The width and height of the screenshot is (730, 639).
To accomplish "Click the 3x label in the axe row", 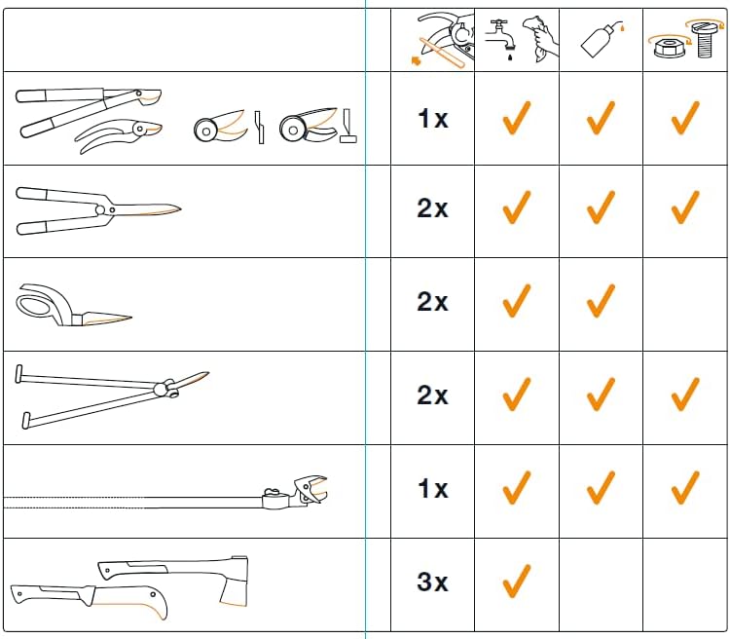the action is (432, 582).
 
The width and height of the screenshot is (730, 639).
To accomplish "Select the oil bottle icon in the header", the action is (602, 41).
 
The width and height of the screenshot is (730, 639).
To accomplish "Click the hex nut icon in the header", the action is (670, 48).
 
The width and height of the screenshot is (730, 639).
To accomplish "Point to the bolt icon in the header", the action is (707, 39).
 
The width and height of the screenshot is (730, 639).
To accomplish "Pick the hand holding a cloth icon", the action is (540, 39).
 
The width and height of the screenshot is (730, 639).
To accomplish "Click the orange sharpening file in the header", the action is (442, 54).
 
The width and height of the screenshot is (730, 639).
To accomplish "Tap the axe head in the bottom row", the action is (234, 582).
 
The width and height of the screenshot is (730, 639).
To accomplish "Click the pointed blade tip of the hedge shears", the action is (179, 208).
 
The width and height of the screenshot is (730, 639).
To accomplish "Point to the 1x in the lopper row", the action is (432, 119).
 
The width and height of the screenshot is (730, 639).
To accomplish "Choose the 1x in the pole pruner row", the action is (432, 488).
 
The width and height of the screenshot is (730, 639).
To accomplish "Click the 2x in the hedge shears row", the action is (432, 207).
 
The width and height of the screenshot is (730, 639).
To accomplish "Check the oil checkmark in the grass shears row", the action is (601, 301).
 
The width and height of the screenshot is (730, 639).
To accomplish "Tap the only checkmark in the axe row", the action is (517, 582).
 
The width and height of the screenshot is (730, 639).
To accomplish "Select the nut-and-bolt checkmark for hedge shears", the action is (685, 207).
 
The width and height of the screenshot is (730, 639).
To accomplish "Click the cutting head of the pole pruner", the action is (310, 489).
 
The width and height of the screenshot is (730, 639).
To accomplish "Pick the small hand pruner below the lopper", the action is (118, 135).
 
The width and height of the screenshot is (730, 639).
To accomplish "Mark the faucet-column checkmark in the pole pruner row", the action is (517, 487).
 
